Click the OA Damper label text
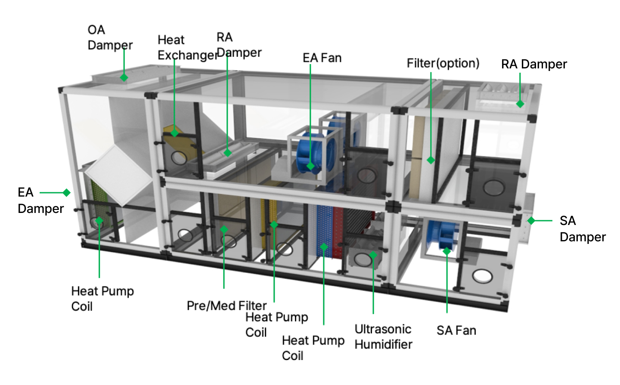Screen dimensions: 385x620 point(110,37)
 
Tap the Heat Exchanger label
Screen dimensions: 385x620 point(187,47)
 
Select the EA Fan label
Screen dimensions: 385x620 point(322,58)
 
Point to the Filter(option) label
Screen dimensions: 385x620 point(443,64)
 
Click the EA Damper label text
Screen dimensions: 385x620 point(40,200)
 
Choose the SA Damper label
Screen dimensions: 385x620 point(582,229)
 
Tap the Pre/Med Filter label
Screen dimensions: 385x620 point(226,306)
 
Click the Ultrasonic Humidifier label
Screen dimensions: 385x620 point(383,337)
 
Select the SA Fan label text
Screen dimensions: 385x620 point(456,330)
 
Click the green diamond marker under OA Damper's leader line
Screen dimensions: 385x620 point(124,77)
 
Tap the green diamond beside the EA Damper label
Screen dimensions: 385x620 point(66,192)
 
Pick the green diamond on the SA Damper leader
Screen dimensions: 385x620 point(531,221)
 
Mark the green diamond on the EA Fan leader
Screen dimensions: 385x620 point(310,166)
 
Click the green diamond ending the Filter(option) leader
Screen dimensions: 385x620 point(431,160)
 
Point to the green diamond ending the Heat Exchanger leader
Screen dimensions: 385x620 point(174,133)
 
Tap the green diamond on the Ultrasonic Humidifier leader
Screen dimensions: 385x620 point(373,255)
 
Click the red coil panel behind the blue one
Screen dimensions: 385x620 point(338,232)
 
